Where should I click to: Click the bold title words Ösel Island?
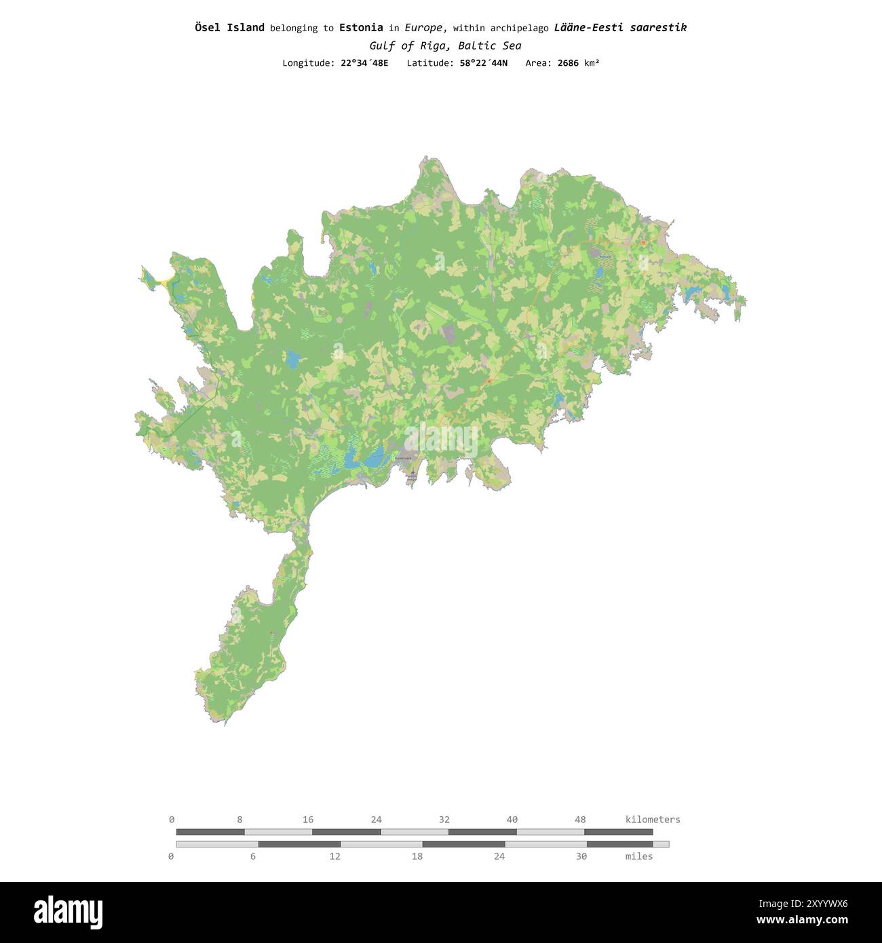(x=229, y=28)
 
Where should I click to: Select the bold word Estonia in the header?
(x=361, y=28)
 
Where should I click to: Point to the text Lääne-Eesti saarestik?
(x=620, y=28)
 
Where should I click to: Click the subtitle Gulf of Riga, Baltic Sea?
(x=445, y=46)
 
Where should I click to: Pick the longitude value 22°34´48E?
(x=364, y=63)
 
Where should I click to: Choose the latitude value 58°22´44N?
(x=478, y=63)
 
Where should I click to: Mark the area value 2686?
(x=568, y=63)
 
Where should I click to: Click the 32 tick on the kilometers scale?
(x=444, y=820)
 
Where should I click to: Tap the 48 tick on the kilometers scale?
(x=580, y=820)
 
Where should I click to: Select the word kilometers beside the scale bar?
(x=652, y=820)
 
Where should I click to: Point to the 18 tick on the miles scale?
(x=417, y=856)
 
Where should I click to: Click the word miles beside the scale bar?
(x=638, y=856)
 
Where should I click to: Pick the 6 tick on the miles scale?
(x=253, y=856)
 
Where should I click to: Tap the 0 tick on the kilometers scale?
(x=172, y=820)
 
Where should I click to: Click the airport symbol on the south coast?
(x=413, y=473)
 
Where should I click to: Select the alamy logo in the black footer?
(x=68, y=912)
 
